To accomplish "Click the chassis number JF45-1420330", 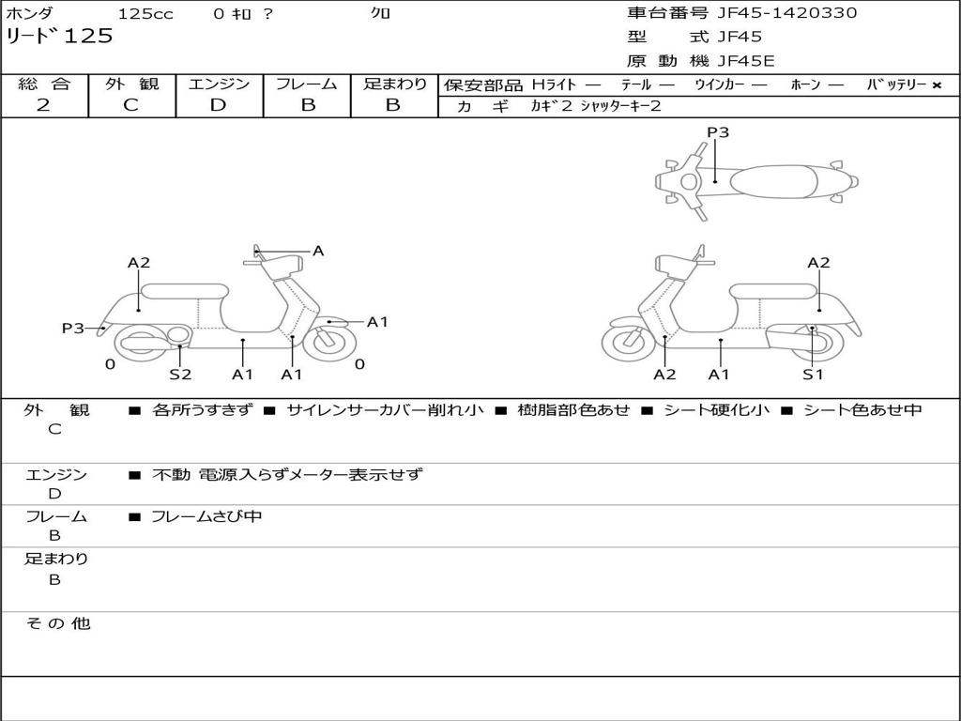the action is pyautogui.click(x=787, y=13).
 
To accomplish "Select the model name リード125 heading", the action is pyautogui.click(x=59, y=37).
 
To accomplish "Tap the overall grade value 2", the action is pyautogui.click(x=43, y=105).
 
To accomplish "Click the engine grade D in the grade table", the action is pyautogui.click(x=218, y=105).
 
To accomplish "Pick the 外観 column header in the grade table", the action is pyautogui.click(x=131, y=84).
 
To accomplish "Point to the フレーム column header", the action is pyautogui.click(x=307, y=84).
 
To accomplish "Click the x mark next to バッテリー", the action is pyautogui.click(x=937, y=85).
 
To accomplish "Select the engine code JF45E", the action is pyautogui.click(x=746, y=61).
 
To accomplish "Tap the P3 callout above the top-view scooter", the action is pyautogui.click(x=718, y=131).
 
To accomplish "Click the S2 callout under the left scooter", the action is pyautogui.click(x=180, y=374).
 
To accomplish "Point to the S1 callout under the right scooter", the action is pyautogui.click(x=814, y=374).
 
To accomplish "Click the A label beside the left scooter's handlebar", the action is pyautogui.click(x=318, y=251).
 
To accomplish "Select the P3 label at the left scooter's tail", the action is pyautogui.click(x=73, y=328).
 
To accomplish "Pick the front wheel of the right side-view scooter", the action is pyautogui.click(x=628, y=343).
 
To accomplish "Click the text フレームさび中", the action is pyautogui.click(x=206, y=517).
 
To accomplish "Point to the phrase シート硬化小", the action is pyautogui.click(x=716, y=409).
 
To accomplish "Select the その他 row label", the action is pyautogui.click(x=57, y=623).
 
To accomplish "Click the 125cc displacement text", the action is pyautogui.click(x=145, y=13).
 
